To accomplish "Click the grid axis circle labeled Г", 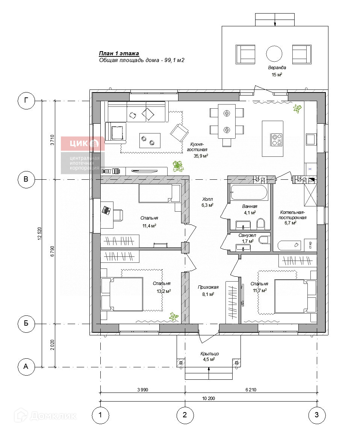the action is click(26, 100).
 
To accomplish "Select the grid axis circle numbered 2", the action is click(185, 415).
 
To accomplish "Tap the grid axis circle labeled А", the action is click(26, 367).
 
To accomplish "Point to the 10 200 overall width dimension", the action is click(209, 399).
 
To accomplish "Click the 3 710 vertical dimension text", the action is click(52, 140).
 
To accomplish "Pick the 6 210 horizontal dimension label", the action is click(251, 390).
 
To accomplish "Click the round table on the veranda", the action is click(274, 54).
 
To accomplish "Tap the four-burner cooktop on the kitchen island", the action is click(277, 139).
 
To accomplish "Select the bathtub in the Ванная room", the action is click(249, 192).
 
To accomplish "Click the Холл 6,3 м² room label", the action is click(207, 202).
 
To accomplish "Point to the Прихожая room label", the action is click(208, 287).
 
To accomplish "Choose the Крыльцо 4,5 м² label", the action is click(209, 356).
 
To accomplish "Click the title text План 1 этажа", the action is click(119, 53).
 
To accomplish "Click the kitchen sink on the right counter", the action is click(311, 139).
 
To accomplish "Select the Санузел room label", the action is click(247, 235).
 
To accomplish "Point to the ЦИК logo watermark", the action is click(83, 144).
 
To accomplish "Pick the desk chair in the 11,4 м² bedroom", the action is click(118, 215).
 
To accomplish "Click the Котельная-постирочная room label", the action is click(292, 215).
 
